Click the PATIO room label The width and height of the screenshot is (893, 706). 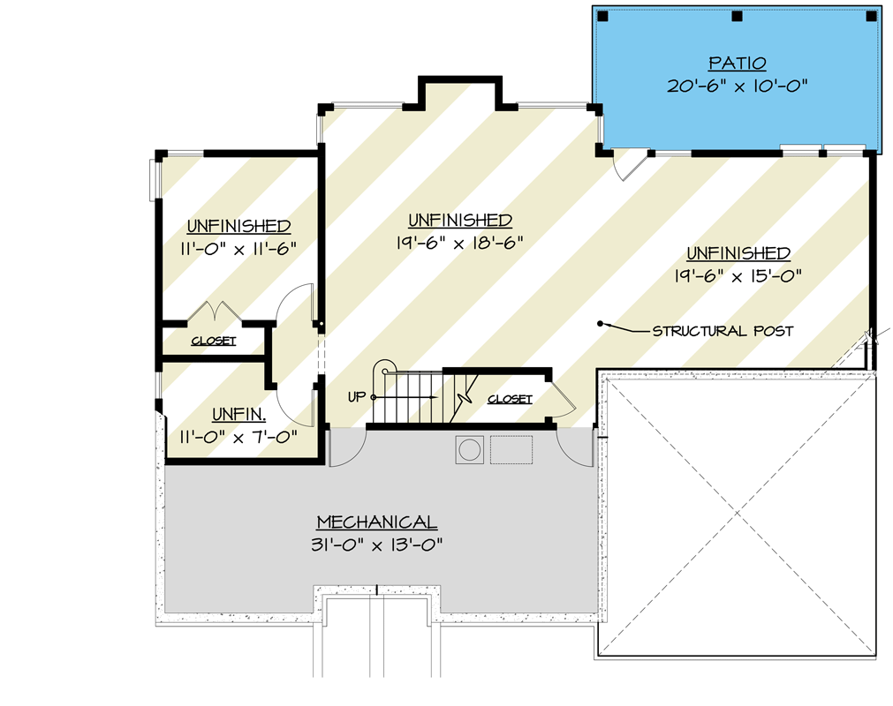738,64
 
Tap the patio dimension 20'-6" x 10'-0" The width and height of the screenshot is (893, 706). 738,86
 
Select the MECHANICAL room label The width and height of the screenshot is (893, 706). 377,522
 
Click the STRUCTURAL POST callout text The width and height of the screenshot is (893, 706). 723,331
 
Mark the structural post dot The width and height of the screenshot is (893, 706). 601,322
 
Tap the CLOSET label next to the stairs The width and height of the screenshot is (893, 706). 511,399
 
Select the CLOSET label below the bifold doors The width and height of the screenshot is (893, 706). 214,341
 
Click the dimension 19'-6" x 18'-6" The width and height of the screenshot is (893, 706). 460,242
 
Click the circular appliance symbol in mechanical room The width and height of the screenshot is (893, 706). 468,449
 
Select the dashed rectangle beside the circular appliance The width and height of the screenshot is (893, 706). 512,449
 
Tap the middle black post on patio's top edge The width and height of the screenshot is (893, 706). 737,16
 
